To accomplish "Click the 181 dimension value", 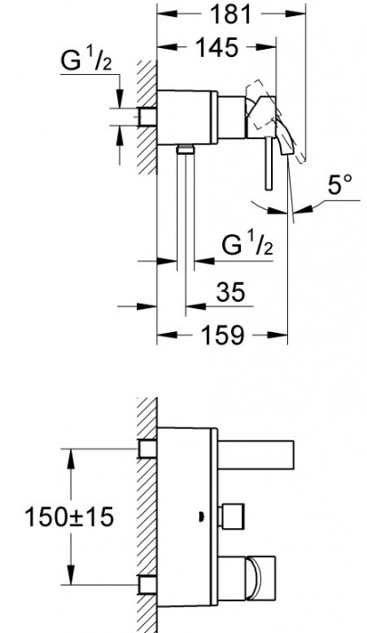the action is point(231,14).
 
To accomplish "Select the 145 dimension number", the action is point(217,48).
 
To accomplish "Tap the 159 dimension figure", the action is point(222,335).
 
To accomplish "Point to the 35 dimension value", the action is point(231,292).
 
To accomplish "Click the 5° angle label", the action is point(340,184).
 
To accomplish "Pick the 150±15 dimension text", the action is point(69,516).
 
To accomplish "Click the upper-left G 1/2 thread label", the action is point(86,61).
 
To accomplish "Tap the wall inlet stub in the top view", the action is point(148,117).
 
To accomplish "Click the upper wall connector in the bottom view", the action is point(148,449).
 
